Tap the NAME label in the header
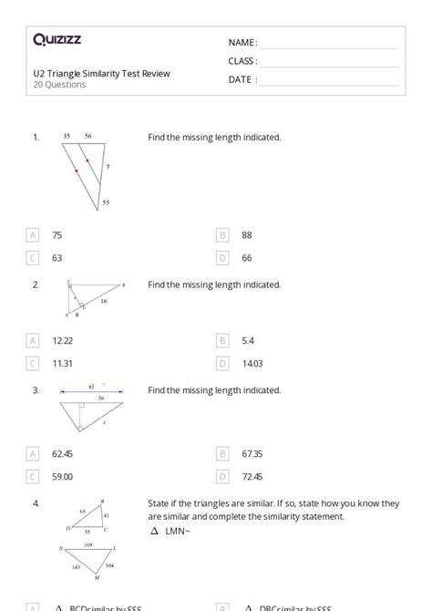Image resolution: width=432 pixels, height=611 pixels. pos(242,42)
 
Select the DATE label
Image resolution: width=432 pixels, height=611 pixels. pos(242,79)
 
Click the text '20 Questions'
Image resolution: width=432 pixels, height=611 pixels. pos(60,85)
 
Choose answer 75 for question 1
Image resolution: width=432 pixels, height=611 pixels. pos(57,235)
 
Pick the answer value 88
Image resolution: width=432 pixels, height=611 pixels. pos(247,235)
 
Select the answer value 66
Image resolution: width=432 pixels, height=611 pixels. pos(247,258)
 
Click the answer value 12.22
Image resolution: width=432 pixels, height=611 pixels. pos(63,340)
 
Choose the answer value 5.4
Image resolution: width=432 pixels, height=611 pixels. pos(248,340)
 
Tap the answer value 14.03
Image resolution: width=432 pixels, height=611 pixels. pos(252,363)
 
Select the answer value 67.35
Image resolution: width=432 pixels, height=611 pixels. pos(252,453)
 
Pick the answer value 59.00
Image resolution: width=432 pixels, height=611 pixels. pos(63,476)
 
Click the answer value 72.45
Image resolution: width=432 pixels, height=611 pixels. pos(252,476)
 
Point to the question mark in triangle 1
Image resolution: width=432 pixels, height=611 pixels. pos(108,168)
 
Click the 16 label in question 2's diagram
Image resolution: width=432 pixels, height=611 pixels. pos(103,301)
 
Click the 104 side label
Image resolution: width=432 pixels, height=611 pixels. pos(109,566)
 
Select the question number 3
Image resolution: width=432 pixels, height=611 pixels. pos(36,390)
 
